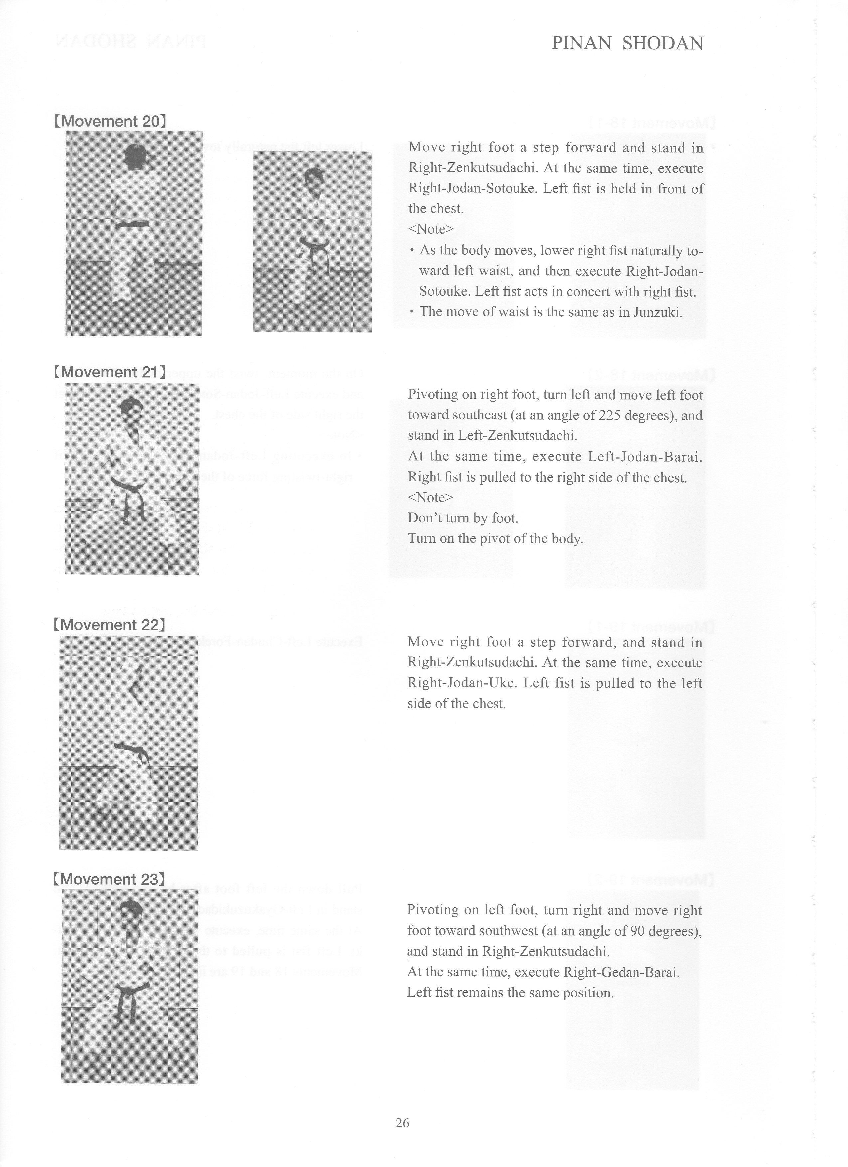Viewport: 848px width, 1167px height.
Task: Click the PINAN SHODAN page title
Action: click(627, 43)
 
